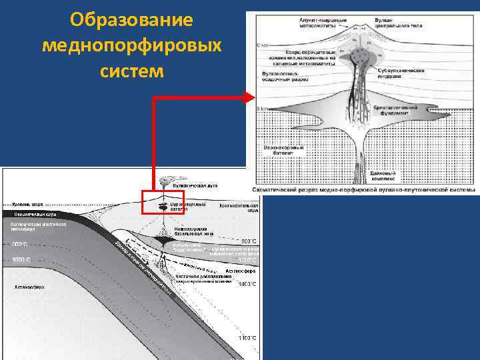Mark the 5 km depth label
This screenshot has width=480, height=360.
pyautogui.click(x=261, y=108)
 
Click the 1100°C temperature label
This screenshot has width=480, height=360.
pyautogui.click(x=247, y=338)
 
